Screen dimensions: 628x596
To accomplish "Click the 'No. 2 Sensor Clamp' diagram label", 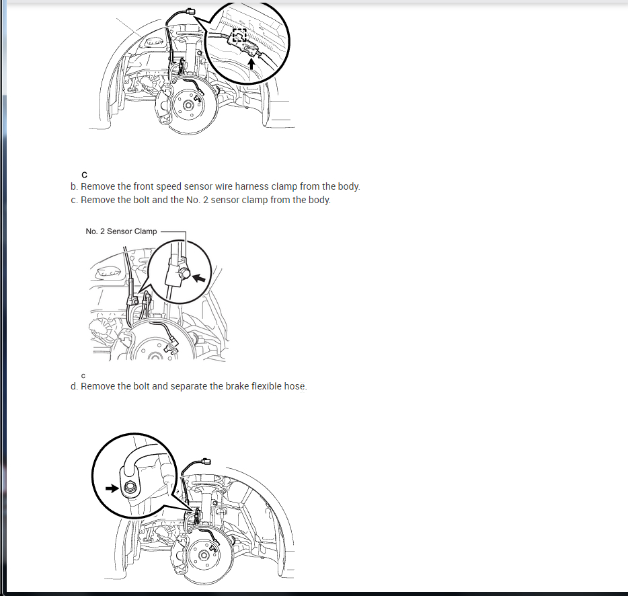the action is click(121, 231).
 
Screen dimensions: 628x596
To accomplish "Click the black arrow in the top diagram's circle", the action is click(251, 64).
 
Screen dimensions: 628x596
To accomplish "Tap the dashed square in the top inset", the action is click(239, 35).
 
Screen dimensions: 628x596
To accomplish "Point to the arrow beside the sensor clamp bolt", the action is click(199, 277).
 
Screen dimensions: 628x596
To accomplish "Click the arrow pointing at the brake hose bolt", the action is click(112, 488).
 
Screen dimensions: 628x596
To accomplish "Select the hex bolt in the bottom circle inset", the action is click(129, 488).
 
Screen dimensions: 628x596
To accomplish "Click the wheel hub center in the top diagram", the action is click(188, 106).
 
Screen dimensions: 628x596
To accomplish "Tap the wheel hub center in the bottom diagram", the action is click(204, 556).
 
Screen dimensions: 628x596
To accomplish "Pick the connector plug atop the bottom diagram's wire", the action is click(206, 461).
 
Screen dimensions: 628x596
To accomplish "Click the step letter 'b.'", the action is click(74, 186).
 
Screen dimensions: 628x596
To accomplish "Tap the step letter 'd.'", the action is click(74, 386).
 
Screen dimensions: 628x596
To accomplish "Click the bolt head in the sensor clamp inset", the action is click(185, 273).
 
